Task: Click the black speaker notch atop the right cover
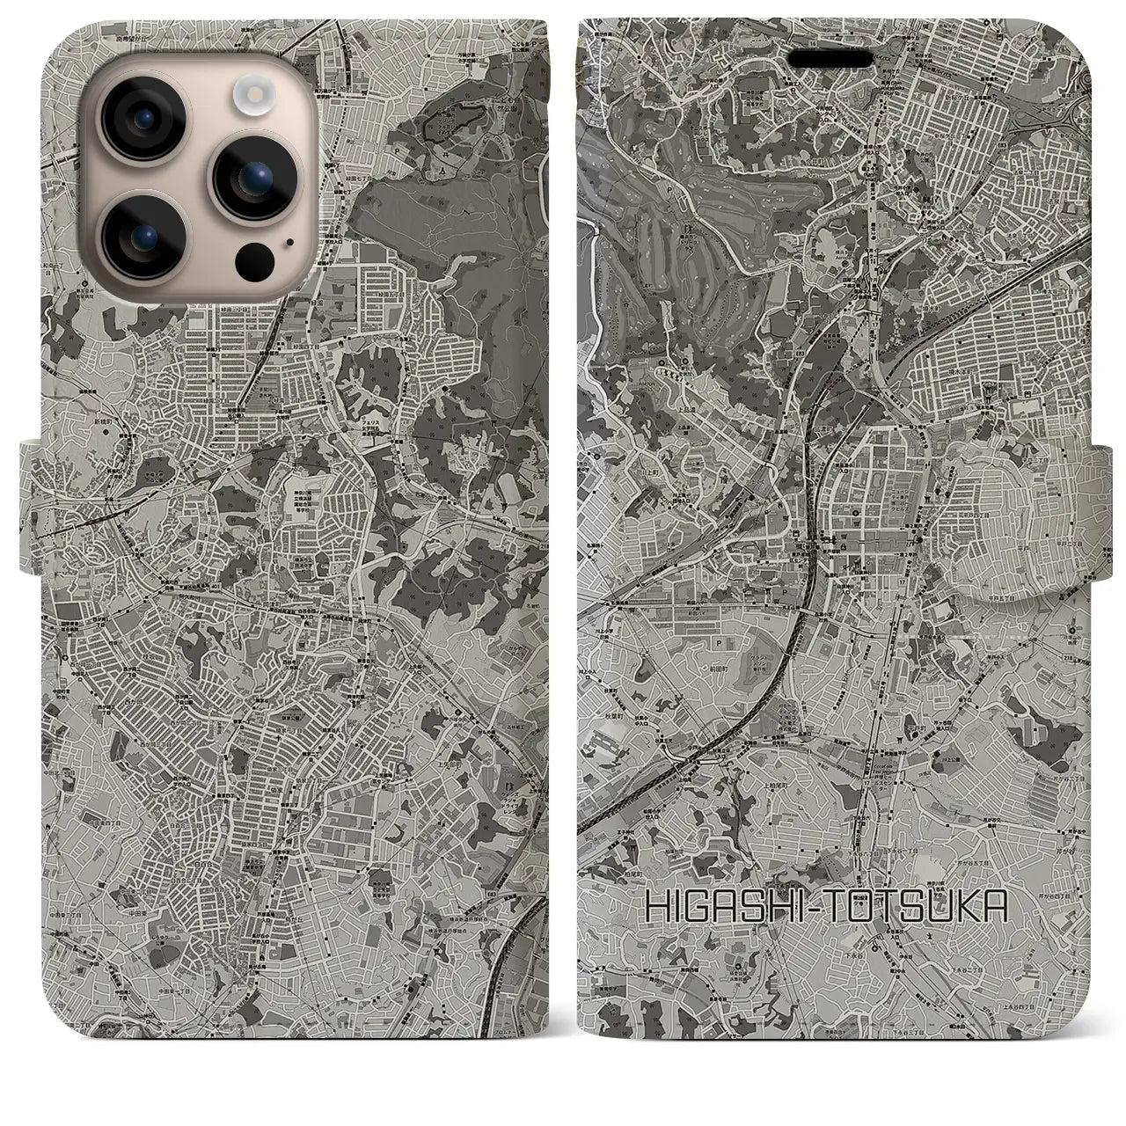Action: tap(836, 58)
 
